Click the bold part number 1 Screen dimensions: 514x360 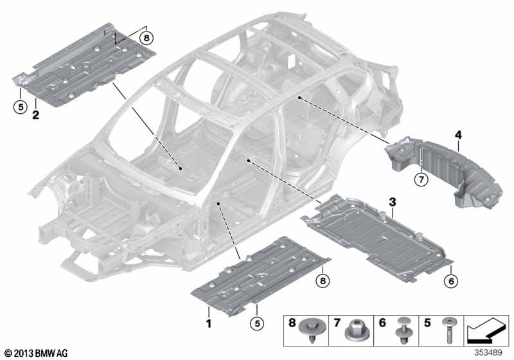[x=208, y=323]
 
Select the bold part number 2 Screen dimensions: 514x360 [x=35, y=115]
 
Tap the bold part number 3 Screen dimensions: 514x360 [x=393, y=203]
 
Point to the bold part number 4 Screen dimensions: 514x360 [x=458, y=135]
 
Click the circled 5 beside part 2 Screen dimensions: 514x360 [x=21, y=107]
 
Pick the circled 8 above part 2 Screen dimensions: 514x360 [x=146, y=38]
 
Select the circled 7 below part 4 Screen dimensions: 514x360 [x=421, y=179]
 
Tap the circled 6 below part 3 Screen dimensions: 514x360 [x=452, y=281]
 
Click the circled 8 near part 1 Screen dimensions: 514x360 [x=323, y=281]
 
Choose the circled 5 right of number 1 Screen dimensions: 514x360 [x=257, y=323]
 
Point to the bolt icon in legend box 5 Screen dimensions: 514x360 [x=448, y=329]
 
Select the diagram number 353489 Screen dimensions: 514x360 [x=488, y=353]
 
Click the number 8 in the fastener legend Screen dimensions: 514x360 [x=292, y=323]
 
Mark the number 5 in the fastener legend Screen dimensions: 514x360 [x=427, y=323]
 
